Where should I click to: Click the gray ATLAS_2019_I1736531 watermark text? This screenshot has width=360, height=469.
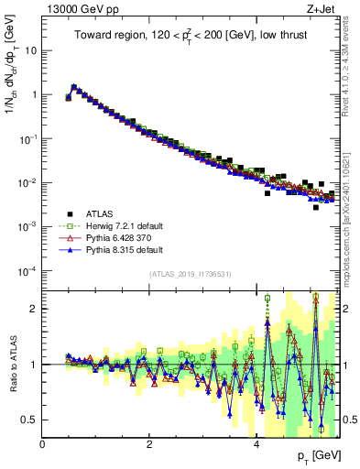coord(191,274)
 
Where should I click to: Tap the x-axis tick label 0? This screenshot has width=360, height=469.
coord(42,443)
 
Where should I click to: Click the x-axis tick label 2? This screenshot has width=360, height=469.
coord(149,443)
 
